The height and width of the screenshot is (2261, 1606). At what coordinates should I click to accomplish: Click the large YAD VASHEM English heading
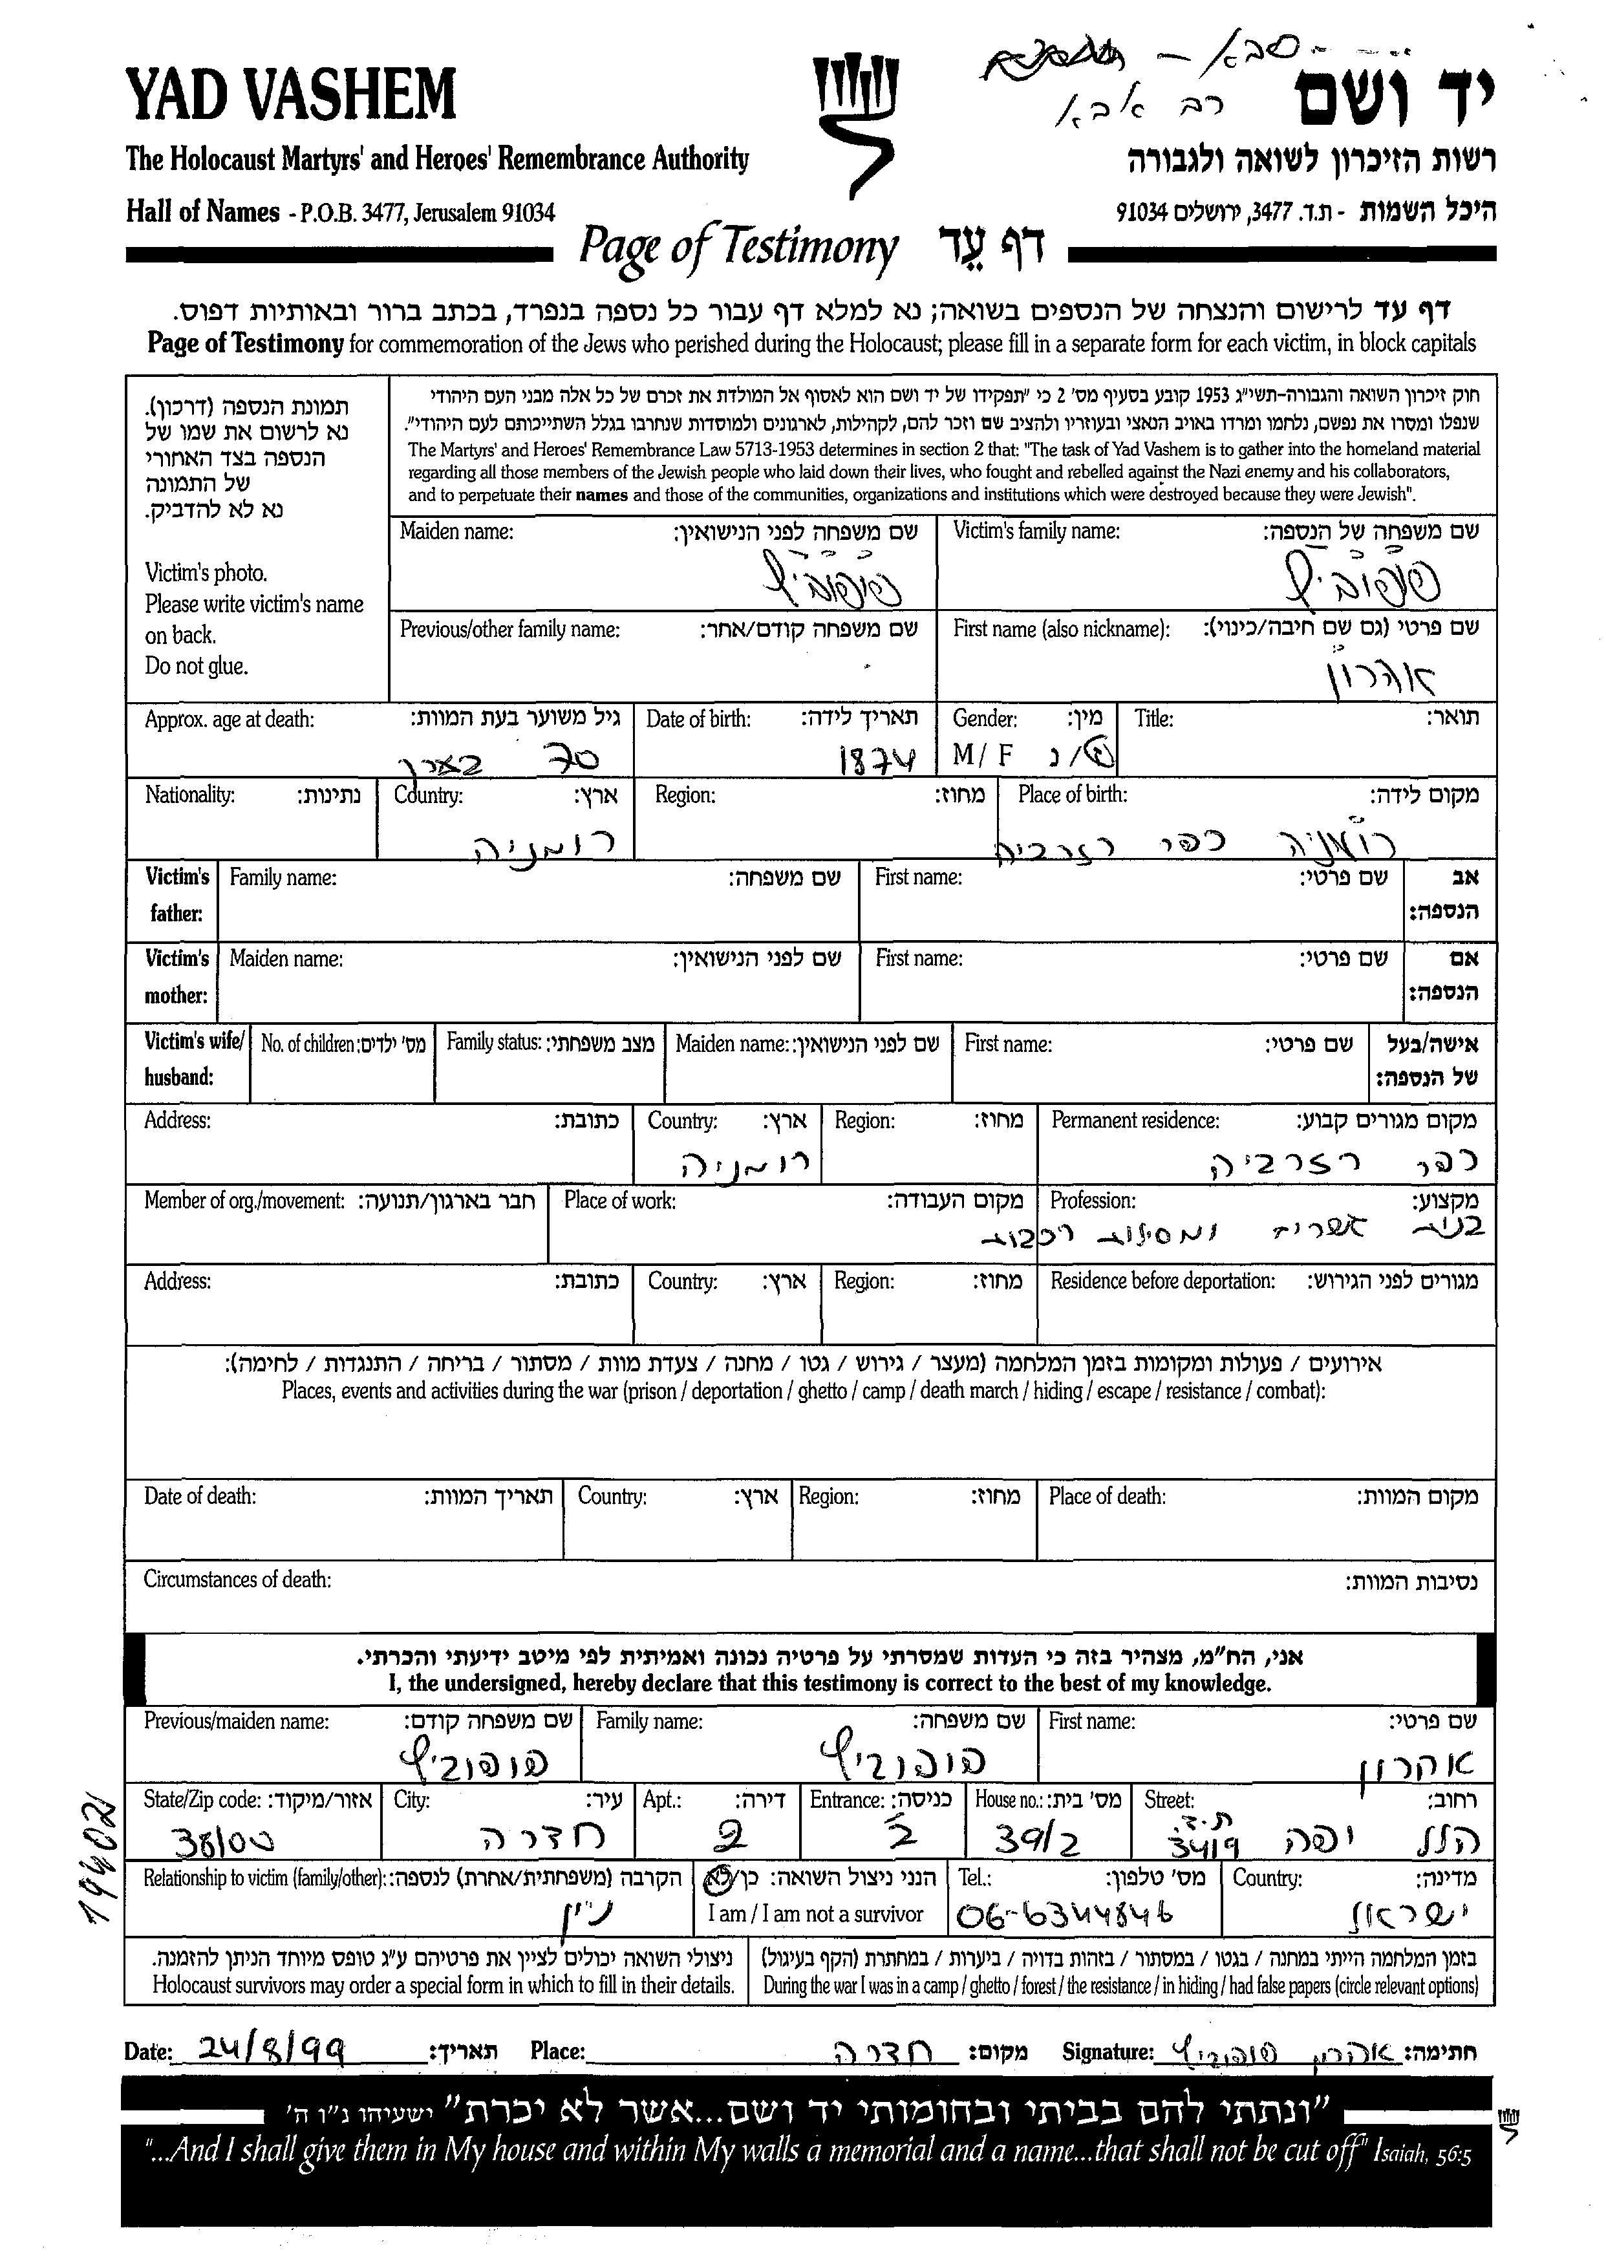point(291,95)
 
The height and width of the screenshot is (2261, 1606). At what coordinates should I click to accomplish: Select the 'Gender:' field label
point(984,719)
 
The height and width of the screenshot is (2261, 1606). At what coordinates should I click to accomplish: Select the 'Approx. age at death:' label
point(230,719)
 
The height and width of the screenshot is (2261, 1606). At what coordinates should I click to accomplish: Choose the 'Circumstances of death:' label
point(237,1580)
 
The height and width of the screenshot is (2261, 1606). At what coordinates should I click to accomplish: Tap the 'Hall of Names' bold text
point(203,211)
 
